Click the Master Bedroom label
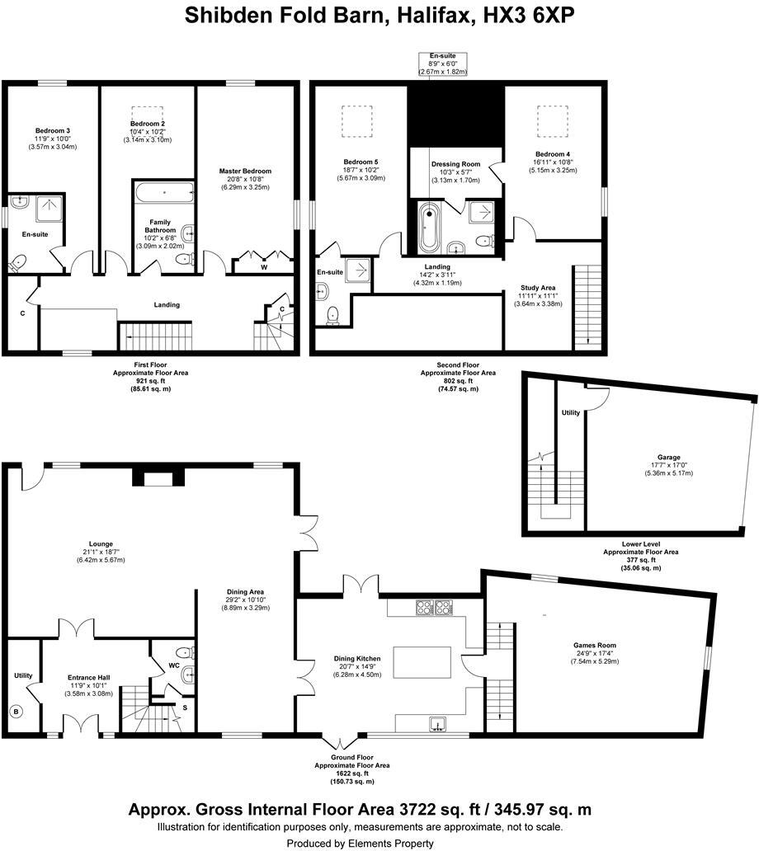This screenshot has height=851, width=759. pos(245,172)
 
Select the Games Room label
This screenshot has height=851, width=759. pos(595,645)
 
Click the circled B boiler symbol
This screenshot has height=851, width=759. pos(15,711)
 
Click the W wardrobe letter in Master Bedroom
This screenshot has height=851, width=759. pos(263,266)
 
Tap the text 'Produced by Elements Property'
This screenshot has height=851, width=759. pos(360,843)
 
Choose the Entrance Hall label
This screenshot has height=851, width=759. pos(88,678)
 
